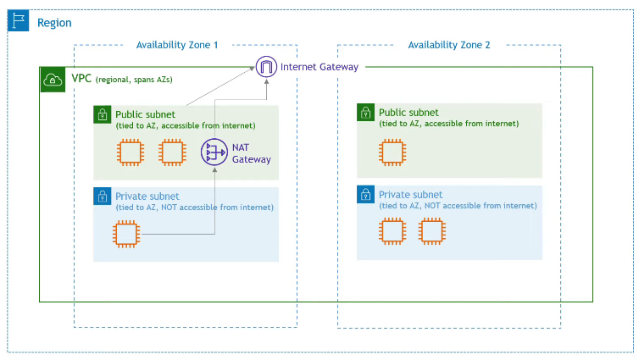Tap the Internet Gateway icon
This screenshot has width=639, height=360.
click(268, 67)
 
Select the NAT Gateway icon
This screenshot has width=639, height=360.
click(212, 152)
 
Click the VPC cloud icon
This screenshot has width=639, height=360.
click(52, 80)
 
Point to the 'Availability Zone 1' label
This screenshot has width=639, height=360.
click(177, 45)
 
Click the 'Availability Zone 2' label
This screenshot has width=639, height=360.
click(449, 45)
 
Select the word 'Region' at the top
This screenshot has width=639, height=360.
click(54, 23)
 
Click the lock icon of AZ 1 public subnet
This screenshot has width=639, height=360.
click(103, 114)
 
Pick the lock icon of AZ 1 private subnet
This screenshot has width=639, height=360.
click(103, 197)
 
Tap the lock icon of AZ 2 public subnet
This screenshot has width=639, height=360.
click(365, 113)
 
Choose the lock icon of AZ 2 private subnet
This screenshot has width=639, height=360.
click(365, 196)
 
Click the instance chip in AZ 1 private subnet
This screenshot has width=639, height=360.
click(125, 233)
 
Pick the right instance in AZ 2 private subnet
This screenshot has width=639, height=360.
click(432, 230)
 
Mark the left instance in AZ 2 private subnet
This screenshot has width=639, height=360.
click(391, 230)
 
